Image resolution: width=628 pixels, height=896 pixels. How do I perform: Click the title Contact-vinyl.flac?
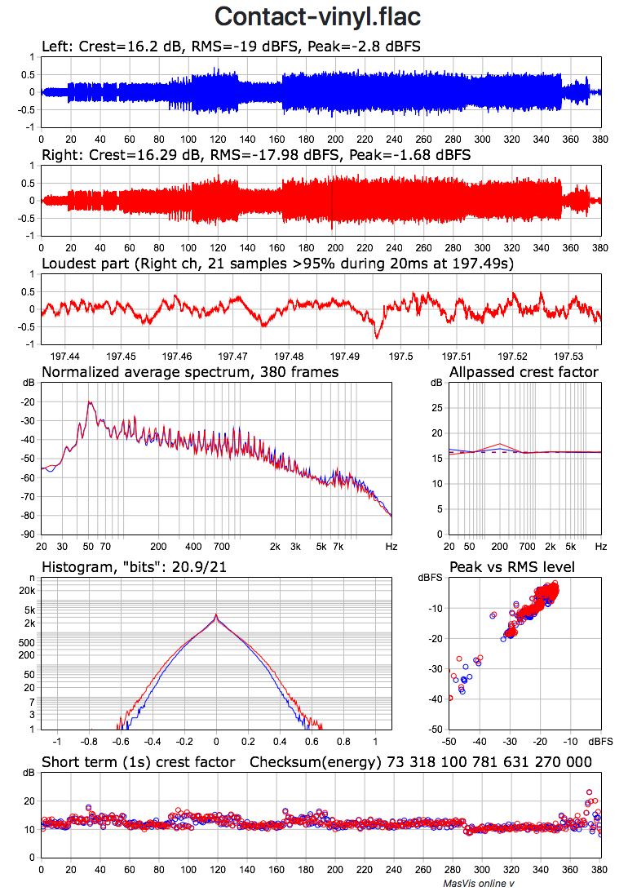(x=317, y=17)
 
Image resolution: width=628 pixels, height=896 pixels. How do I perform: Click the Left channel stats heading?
(x=231, y=47)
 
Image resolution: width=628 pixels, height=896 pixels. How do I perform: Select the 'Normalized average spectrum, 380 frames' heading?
(x=190, y=372)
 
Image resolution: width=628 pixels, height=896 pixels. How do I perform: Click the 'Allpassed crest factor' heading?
(x=524, y=372)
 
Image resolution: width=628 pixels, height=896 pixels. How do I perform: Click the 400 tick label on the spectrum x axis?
(x=193, y=546)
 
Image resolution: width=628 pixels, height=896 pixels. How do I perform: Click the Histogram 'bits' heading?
(x=134, y=567)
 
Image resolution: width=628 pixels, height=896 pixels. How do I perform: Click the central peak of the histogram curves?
(x=215, y=614)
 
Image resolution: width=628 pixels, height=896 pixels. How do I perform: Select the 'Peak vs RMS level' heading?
(x=512, y=567)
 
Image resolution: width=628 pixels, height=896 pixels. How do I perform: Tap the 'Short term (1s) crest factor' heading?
(x=139, y=762)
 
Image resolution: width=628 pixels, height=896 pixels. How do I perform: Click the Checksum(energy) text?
(x=421, y=762)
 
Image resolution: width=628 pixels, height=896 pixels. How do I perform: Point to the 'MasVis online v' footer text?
(x=478, y=883)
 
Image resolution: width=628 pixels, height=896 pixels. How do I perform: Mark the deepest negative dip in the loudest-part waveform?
(x=376, y=336)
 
